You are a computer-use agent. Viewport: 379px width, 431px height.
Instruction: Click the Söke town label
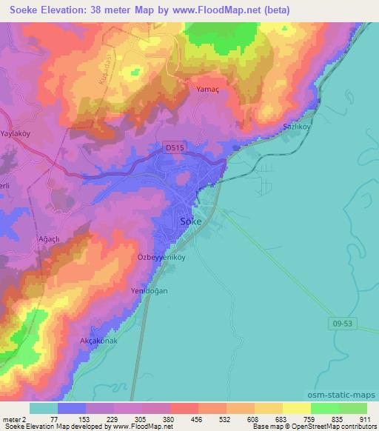click(x=191, y=221)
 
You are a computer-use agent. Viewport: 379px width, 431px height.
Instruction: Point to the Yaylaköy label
click(x=19, y=134)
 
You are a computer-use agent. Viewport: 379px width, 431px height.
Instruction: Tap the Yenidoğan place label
click(x=150, y=291)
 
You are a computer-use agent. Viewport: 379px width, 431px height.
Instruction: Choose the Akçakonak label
click(x=98, y=341)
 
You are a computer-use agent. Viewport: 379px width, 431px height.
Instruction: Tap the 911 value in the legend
click(x=364, y=419)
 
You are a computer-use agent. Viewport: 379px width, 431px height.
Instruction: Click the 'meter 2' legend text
click(x=14, y=419)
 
